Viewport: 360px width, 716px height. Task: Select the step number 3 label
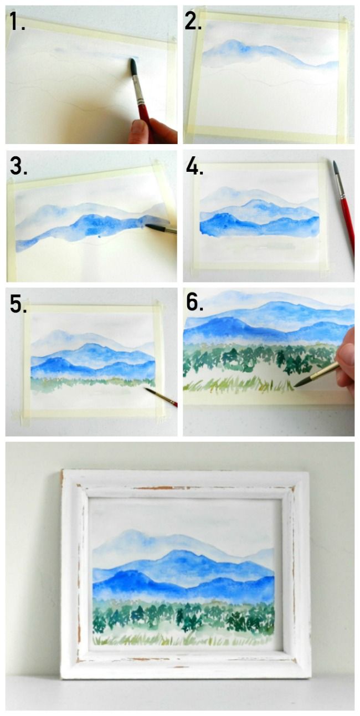point(18,165)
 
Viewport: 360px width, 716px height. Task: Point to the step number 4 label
point(194,166)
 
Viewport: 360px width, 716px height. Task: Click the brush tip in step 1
point(133,66)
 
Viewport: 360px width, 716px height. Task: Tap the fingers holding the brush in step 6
point(347,363)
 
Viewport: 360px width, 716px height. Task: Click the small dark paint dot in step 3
point(98,237)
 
